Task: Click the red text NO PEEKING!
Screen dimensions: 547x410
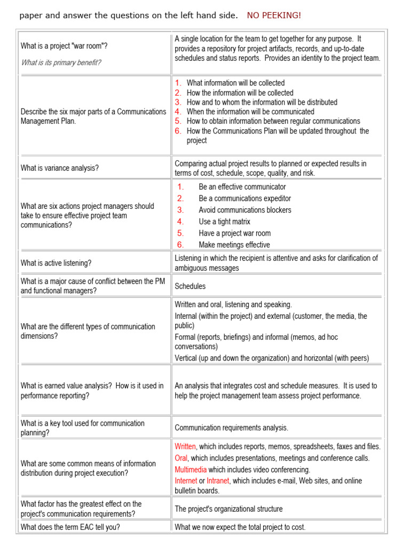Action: click(x=274, y=15)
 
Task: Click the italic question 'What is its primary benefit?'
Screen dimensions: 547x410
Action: click(x=61, y=62)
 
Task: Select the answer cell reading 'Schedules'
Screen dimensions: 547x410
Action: click(x=190, y=286)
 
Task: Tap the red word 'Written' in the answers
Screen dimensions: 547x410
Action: click(x=186, y=447)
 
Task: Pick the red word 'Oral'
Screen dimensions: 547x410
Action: click(x=181, y=458)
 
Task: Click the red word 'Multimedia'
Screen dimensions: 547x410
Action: click(x=190, y=470)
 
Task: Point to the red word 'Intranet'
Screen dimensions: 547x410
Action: click(x=218, y=481)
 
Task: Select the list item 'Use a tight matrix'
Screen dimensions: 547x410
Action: click(x=224, y=222)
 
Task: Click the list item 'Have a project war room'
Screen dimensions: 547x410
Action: click(x=234, y=233)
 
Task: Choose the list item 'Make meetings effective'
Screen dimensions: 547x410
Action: click(x=234, y=245)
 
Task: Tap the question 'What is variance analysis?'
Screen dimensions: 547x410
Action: click(x=60, y=168)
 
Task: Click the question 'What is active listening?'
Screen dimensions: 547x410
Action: click(x=56, y=263)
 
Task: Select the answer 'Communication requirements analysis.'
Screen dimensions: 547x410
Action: click(x=231, y=428)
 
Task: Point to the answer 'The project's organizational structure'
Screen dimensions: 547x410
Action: click(x=228, y=509)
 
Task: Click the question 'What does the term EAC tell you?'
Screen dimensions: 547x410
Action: click(x=70, y=527)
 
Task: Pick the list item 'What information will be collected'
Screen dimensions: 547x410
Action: click(x=235, y=83)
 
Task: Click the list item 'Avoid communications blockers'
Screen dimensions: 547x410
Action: click(x=245, y=210)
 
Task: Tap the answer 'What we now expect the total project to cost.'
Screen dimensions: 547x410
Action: click(x=240, y=527)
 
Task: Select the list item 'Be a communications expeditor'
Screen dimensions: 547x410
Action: click(x=245, y=199)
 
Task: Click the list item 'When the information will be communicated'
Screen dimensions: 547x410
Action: click(x=250, y=112)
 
